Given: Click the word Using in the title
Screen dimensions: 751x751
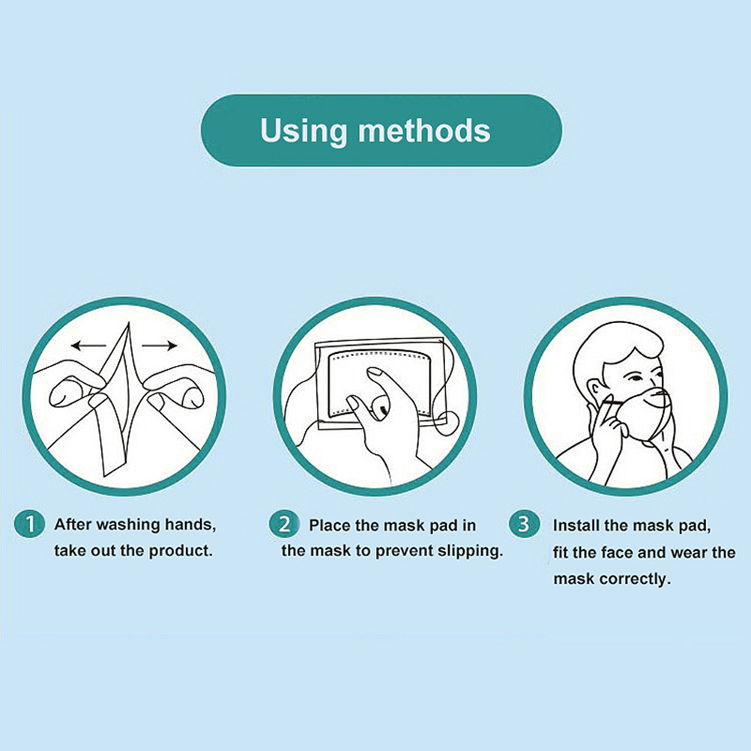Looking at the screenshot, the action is (304, 130).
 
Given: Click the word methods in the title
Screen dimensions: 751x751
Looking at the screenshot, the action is (424, 130).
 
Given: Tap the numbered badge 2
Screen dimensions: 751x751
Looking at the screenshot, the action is (284, 524).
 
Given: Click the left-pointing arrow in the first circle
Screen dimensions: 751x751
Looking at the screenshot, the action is (88, 345).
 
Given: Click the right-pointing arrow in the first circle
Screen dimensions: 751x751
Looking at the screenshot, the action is (160, 345).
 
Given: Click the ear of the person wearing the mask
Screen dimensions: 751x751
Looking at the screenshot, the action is (594, 390).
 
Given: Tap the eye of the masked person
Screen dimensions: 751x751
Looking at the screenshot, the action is (636, 378).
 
